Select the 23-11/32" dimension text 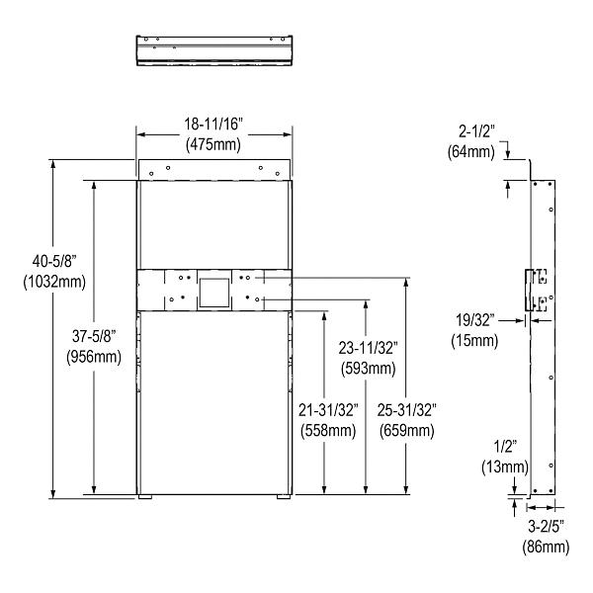click(x=369, y=349)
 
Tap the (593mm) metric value click(x=369, y=368)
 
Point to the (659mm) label click(x=407, y=429)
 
